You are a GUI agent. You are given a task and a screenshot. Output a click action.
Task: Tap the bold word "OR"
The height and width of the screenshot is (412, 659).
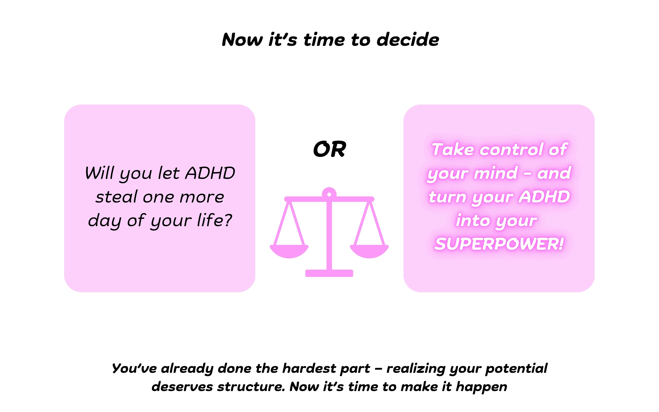click(329, 149)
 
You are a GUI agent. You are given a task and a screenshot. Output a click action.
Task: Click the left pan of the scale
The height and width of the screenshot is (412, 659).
click(289, 251)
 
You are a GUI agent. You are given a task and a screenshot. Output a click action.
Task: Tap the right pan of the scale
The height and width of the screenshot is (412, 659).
click(369, 251)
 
